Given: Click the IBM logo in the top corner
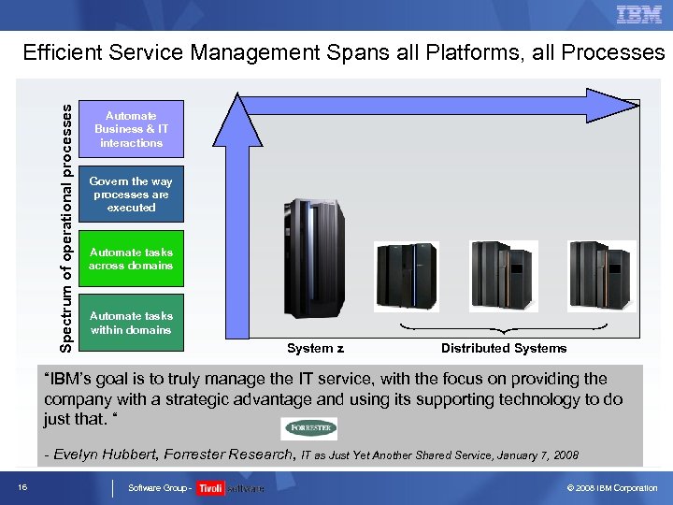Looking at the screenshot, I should coord(639,14).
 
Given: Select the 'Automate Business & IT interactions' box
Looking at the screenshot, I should coord(132,129).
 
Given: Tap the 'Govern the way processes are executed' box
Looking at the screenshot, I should coord(132,195).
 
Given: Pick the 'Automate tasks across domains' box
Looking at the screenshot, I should coord(132,259).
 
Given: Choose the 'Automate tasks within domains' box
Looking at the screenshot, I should coord(132,323).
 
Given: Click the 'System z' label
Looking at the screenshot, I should coord(315,348).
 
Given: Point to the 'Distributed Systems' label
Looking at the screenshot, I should coord(504,348).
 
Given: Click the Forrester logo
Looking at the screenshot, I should coord(309,428).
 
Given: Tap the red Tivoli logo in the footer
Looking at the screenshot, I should coord(210,488).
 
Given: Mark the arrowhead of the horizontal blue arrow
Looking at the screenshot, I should coord(612,100).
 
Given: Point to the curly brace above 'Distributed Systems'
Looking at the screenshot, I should coord(504,329).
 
